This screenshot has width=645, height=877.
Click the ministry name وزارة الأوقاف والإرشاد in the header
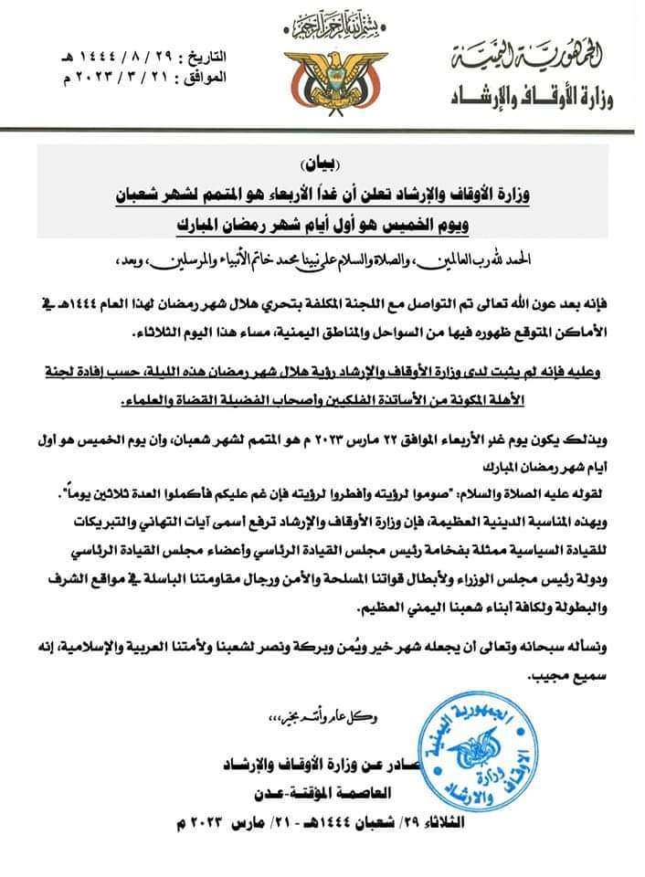coord(531,95)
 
